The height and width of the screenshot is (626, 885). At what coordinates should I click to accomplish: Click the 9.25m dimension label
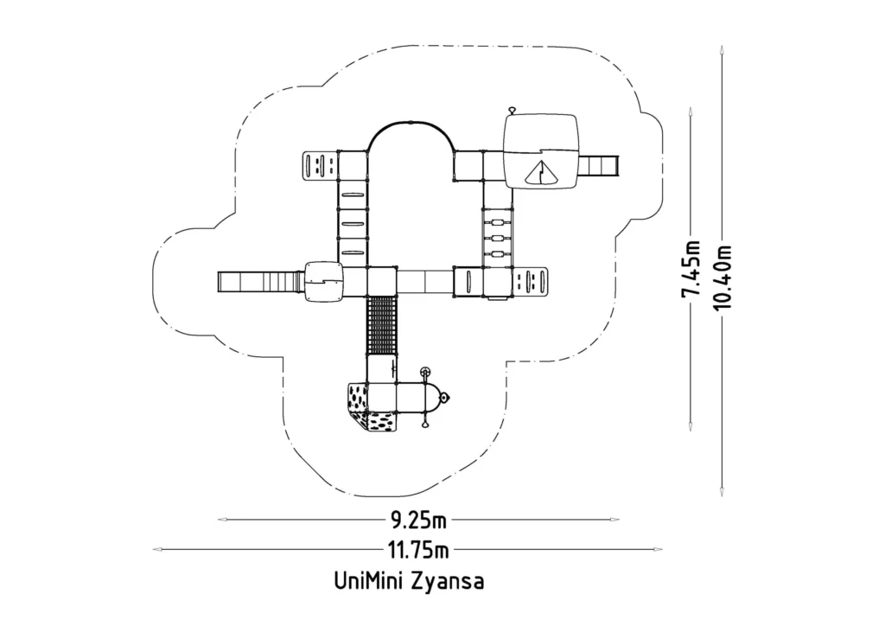tap(419, 520)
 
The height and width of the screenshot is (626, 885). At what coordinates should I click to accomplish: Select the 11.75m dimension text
tap(418, 549)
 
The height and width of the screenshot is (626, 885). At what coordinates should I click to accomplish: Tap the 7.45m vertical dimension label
tap(691, 269)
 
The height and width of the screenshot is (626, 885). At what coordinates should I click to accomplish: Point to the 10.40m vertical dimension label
tap(722, 278)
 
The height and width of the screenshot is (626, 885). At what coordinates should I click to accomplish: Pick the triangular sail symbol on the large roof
tap(541, 173)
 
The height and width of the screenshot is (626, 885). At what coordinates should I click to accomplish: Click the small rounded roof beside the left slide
tap(324, 281)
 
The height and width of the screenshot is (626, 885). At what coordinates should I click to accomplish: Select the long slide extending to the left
tap(261, 281)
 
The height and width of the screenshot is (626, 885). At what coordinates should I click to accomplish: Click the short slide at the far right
tap(600, 165)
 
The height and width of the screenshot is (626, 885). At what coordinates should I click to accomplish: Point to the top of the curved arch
tap(411, 122)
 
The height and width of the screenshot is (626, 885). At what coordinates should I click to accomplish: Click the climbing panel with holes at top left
tap(320, 165)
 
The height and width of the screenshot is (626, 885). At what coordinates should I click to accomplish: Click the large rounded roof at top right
tap(541, 151)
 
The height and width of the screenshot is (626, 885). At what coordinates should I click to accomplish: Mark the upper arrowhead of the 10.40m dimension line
tap(722, 50)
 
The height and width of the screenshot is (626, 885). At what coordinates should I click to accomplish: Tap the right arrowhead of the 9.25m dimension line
tap(614, 520)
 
